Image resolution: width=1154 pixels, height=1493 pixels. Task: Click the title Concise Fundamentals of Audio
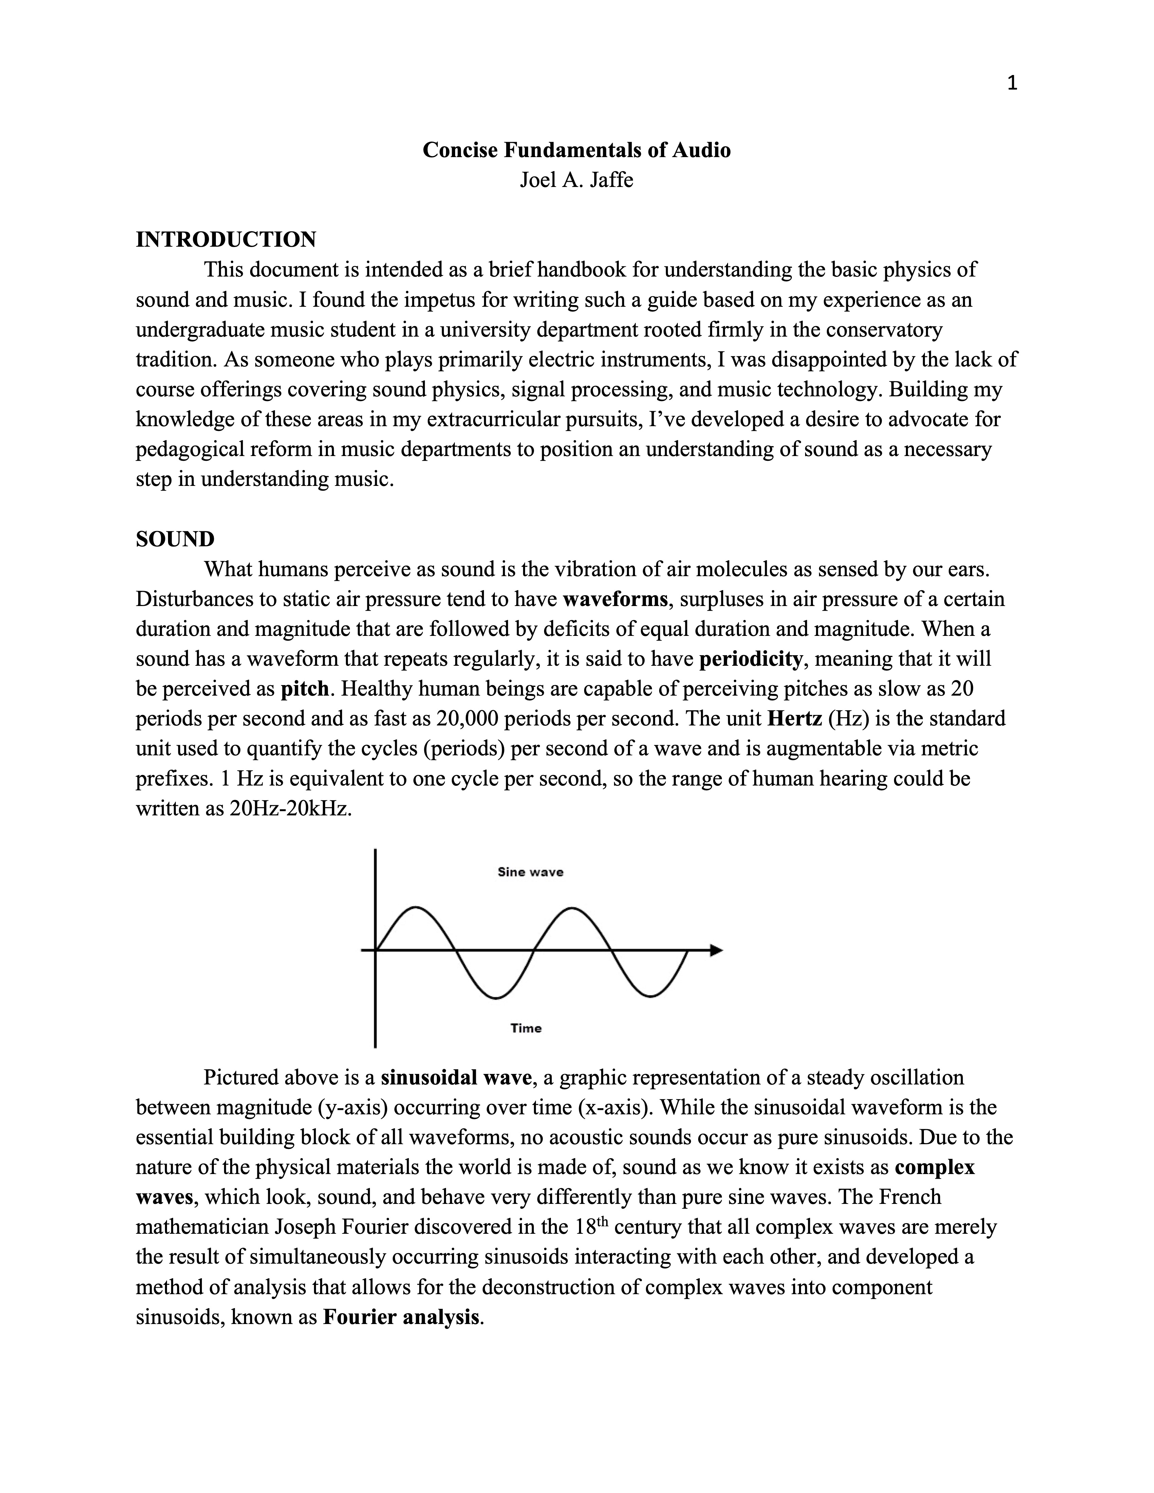(576, 150)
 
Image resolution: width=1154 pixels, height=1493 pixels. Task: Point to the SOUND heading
(175, 540)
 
